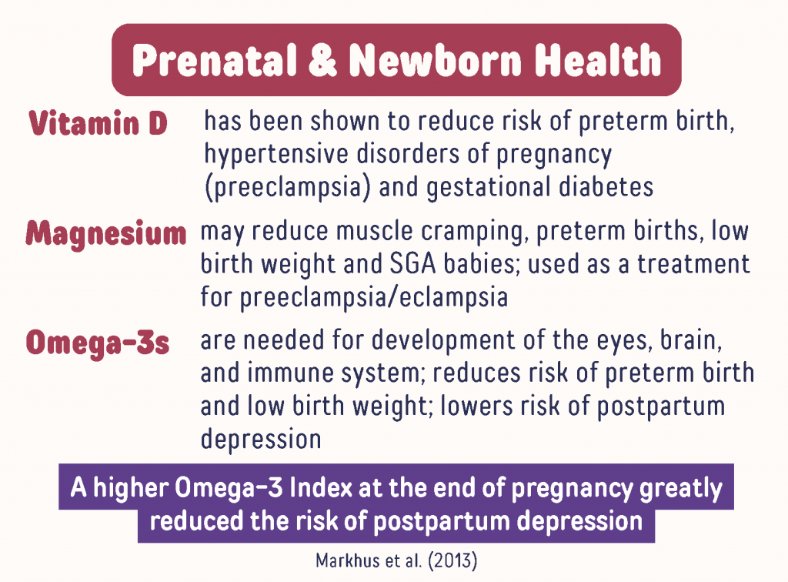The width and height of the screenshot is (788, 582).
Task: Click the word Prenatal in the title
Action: [x=215, y=60]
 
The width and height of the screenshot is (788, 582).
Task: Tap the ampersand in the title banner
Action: [x=322, y=60]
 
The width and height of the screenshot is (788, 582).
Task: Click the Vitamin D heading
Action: [x=98, y=123]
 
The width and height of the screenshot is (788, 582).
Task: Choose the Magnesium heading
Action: [x=106, y=234]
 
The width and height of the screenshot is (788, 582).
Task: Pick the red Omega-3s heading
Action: [x=98, y=343]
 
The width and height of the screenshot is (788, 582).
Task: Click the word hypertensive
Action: [x=276, y=154]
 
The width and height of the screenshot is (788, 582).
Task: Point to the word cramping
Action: [x=475, y=232]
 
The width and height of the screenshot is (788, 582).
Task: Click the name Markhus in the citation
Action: [x=347, y=560]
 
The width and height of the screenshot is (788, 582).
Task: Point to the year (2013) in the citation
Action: [x=452, y=560]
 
